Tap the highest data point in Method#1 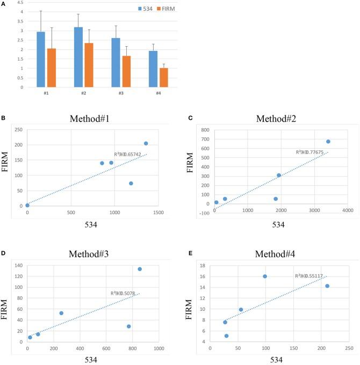pos(146,143)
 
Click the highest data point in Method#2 pos(328,142)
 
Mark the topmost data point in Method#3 pos(140,269)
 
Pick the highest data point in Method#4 pos(265,276)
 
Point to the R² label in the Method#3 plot pos(123,293)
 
